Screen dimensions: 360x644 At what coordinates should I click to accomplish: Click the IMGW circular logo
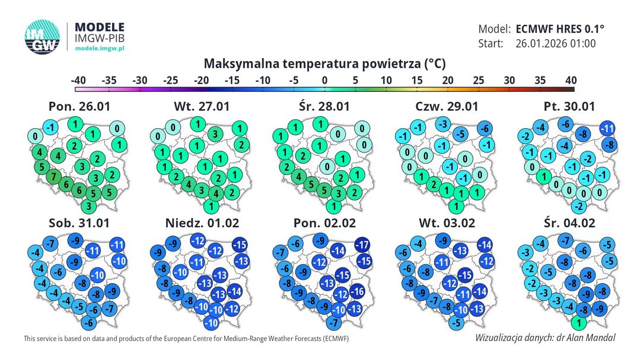tap(42, 39)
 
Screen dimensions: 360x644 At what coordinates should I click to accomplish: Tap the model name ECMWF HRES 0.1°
tap(560, 28)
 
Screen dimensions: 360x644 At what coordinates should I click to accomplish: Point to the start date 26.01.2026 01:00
tap(556, 43)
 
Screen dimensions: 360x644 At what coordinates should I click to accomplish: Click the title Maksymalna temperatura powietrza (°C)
tap(324, 63)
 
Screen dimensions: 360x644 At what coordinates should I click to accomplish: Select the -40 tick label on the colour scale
tap(78, 79)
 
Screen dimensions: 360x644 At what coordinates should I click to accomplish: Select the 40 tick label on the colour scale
tap(570, 79)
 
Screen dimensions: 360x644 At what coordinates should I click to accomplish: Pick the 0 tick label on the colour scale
tap(324, 79)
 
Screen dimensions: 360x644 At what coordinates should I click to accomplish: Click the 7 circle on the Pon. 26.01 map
tap(52, 176)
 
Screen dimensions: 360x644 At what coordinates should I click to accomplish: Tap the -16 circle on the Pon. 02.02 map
tap(356, 291)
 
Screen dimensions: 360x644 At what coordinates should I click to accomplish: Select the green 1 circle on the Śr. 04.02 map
tap(580, 324)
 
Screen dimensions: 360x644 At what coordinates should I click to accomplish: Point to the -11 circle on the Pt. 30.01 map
tap(607, 128)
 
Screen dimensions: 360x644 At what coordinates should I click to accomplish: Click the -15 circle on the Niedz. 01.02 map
tap(240, 244)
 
